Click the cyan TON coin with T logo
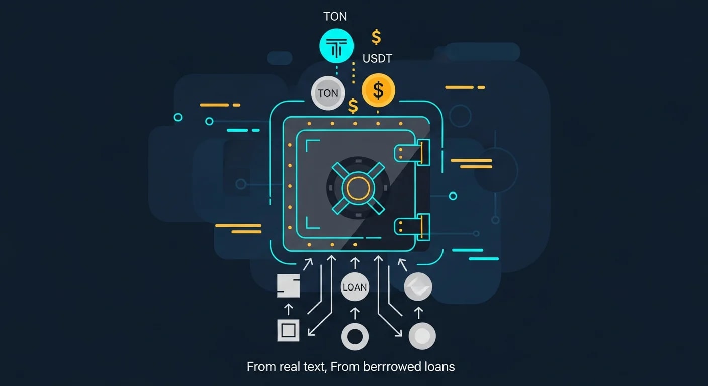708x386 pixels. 336,46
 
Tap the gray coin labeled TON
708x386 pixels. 328,93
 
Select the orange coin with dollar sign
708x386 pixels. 378,90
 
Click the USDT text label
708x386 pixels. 377,58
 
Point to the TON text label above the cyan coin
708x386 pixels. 335,17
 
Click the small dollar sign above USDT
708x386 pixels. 376,37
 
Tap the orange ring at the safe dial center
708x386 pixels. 358,188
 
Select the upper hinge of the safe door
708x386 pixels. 412,153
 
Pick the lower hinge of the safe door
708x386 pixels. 412,227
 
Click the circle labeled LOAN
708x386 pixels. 355,287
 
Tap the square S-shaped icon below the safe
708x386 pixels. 288,285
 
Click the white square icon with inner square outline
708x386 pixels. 288,330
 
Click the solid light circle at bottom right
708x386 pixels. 422,336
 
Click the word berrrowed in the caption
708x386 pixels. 392,367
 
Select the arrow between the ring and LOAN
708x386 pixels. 355,313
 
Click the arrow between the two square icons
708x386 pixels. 288,309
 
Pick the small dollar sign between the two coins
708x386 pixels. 353,106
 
